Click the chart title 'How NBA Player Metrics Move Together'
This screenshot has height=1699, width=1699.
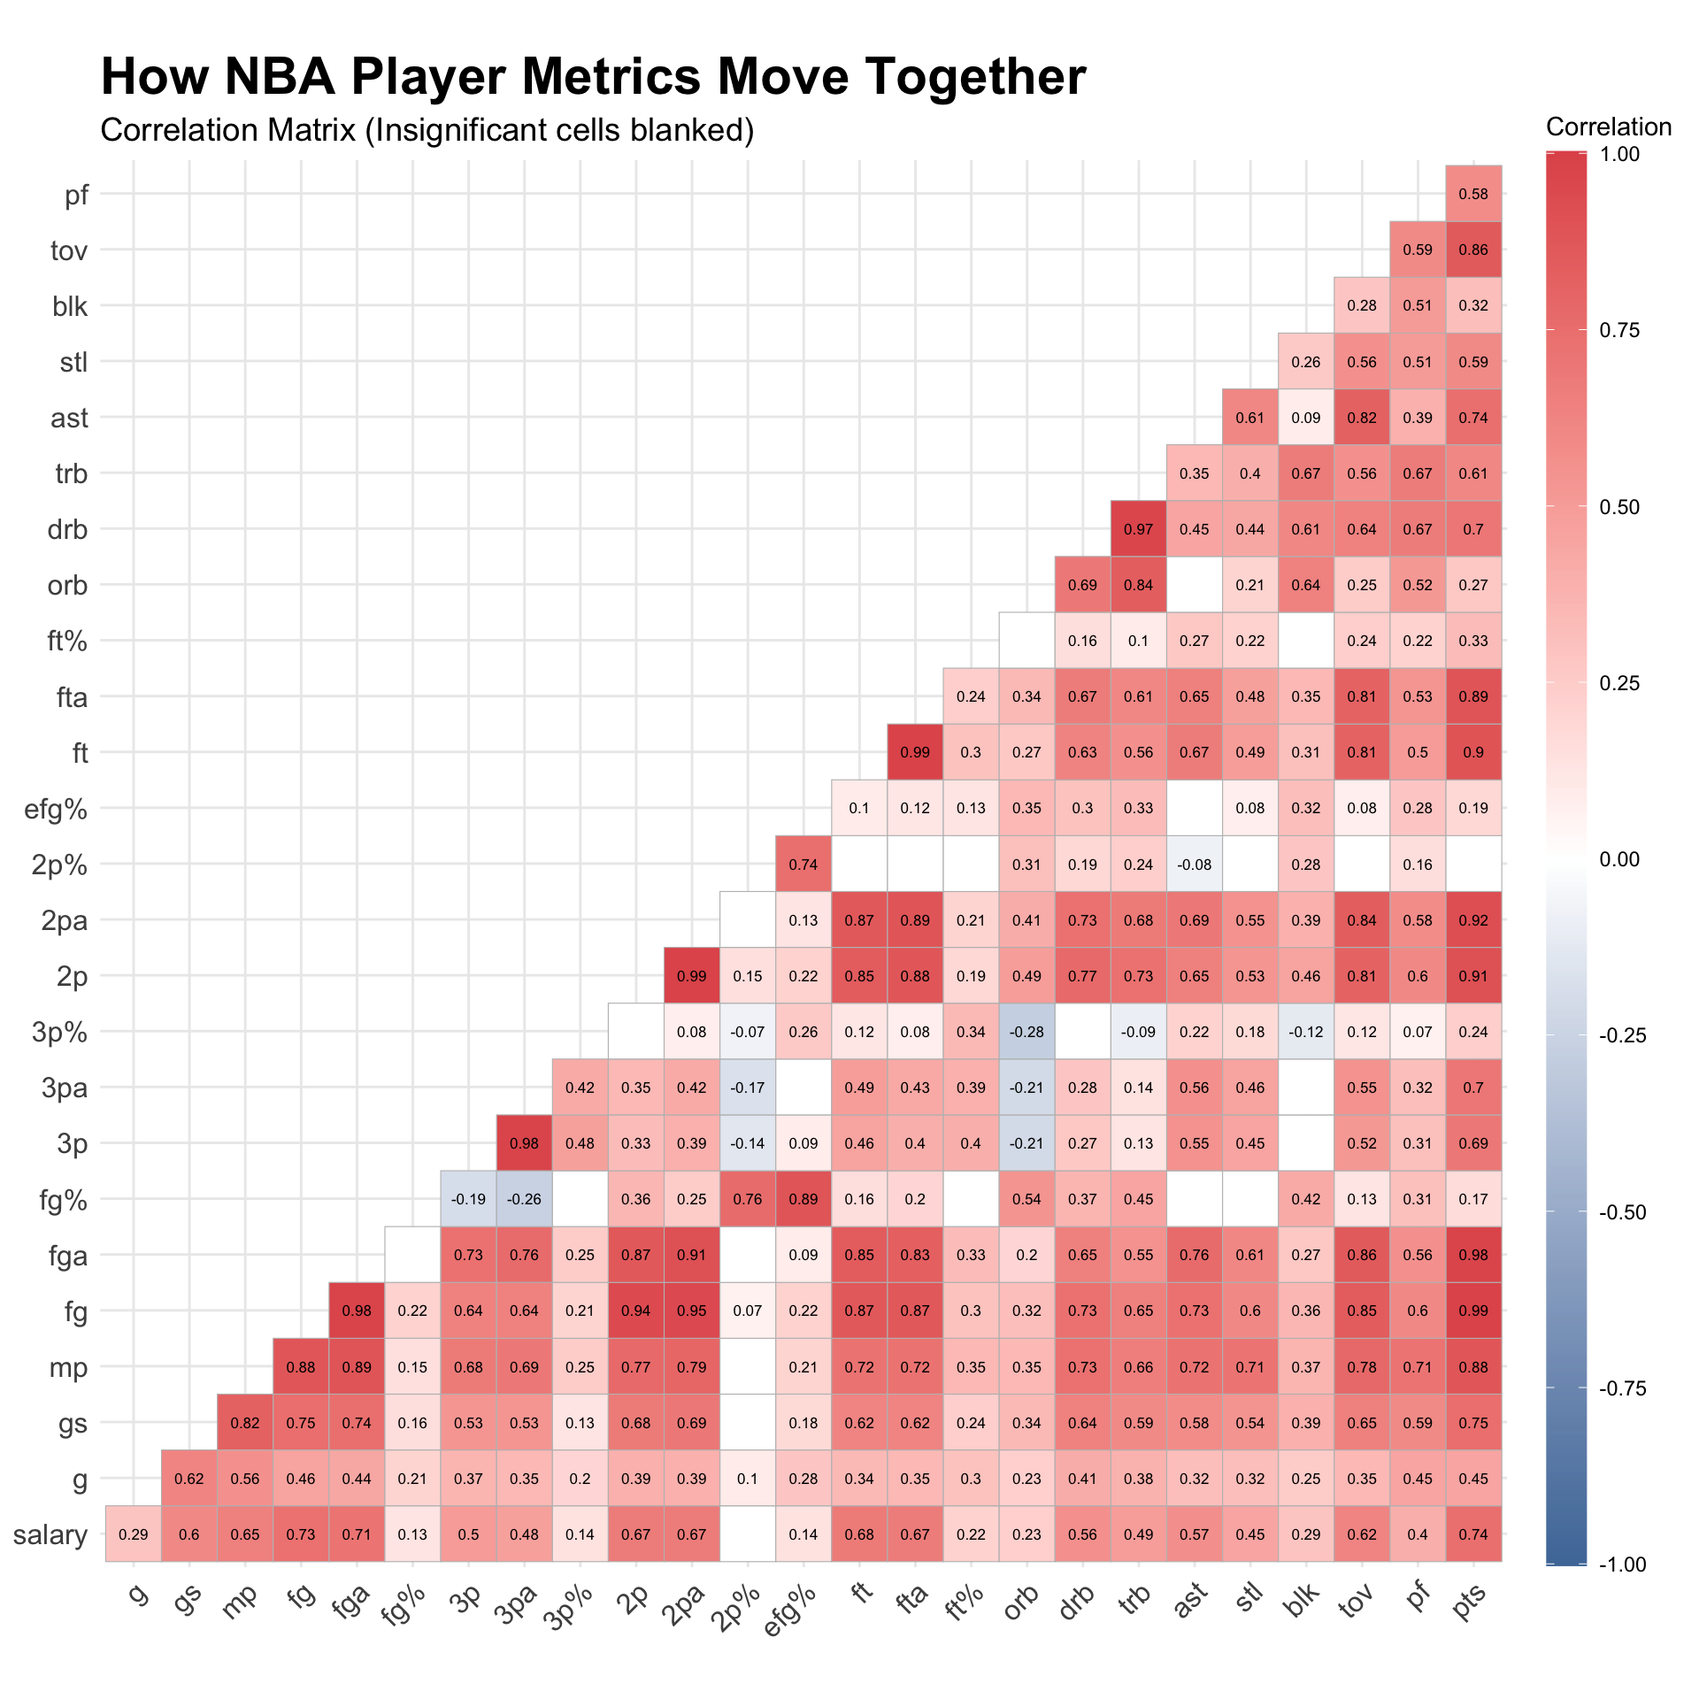[593, 76]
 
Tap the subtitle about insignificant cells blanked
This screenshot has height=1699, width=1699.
[427, 130]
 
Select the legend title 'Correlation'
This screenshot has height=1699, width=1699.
[1608, 127]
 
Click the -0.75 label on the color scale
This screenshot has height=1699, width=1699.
[1623, 1388]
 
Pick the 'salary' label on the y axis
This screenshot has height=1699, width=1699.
[50, 1535]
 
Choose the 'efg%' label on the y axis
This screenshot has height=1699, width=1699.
[56, 809]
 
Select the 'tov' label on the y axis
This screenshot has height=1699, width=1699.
[68, 250]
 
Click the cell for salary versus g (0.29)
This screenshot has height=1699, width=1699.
[133, 1534]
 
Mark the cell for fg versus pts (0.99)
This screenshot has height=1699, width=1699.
[1473, 1311]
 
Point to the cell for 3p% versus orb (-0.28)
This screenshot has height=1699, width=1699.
[1026, 1032]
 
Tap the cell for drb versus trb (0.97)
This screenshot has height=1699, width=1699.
[1138, 529]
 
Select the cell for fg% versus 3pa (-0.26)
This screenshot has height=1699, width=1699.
[524, 1199]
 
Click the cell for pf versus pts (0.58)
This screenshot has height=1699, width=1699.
[1473, 194]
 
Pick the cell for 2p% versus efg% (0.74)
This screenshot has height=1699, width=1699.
[803, 865]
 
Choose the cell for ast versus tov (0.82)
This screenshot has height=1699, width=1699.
[1362, 418]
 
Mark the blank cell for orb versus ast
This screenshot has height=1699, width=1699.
[1194, 585]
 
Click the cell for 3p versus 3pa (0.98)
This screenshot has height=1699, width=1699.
[524, 1143]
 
